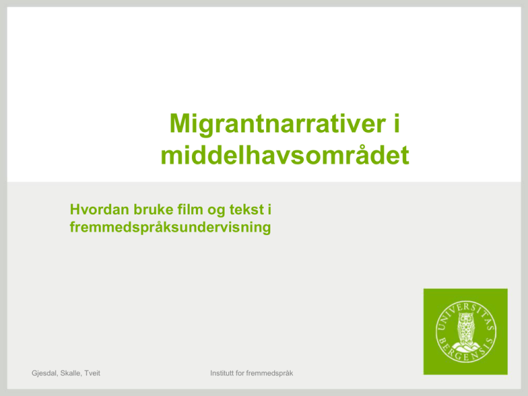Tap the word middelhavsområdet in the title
(x=285, y=155)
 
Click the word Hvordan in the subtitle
(x=100, y=210)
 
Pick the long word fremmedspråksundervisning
(x=170, y=228)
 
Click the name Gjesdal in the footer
(x=45, y=373)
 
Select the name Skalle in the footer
(x=71, y=373)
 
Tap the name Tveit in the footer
(x=92, y=373)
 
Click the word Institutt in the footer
(x=222, y=373)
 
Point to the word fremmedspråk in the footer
(x=269, y=373)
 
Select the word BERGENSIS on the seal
(x=465, y=352)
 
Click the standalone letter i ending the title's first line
(x=396, y=123)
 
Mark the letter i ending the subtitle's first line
(x=269, y=210)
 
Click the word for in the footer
(x=240, y=373)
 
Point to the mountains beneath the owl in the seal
(x=466, y=346)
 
